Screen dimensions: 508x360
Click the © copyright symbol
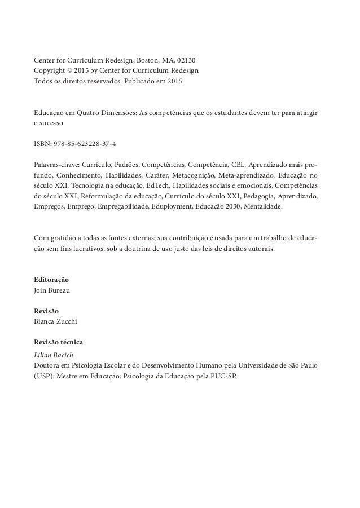[x=72, y=71]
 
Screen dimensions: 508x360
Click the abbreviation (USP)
[x=43, y=375]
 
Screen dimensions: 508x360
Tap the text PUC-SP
[x=227, y=375]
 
